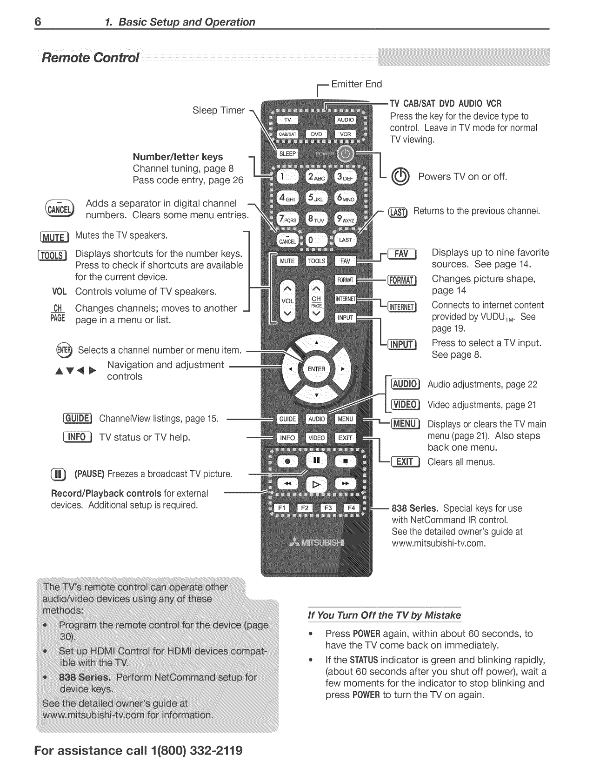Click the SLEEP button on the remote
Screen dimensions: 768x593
[x=288, y=154]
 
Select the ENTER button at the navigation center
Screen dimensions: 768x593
[x=316, y=369]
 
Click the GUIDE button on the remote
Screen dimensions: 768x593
[x=287, y=419]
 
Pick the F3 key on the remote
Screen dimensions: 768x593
[x=328, y=508]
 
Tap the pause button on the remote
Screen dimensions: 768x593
[x=316, y=461]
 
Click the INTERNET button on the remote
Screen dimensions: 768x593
[x=346, y=299]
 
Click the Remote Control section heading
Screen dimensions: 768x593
[x=90, y=58]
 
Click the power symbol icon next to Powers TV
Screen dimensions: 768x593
[x=400, y=177]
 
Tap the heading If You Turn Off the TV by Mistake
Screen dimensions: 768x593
[x=384, y=615]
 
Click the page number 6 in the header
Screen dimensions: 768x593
[x=38, y=22]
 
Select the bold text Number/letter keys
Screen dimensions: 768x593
[x=178, y=157]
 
